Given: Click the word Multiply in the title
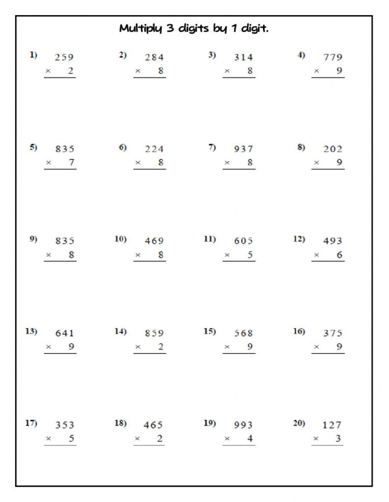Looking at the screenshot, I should (137, 29).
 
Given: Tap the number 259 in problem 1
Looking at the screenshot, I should (64, 57).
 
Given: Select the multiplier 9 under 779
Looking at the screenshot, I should (339, 71).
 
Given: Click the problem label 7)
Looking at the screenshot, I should (212, 148).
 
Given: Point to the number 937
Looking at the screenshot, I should (243, 149).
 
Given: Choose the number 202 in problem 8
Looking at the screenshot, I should (333, 149).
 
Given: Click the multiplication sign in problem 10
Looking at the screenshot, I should (138, 255).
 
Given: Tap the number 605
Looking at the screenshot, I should (243, 241).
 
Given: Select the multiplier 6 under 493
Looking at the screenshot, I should (339, 255).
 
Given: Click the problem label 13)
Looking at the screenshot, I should (31, 331).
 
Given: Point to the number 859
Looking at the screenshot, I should (154, 333).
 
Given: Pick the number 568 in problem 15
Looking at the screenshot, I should (243, 333).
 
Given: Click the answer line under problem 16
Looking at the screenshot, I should (328, 353).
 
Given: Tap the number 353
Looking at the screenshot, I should (64, 425).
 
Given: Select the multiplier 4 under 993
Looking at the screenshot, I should (250, 439).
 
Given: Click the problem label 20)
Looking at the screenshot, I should (299, 424).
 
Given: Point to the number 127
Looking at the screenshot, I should (332, 425).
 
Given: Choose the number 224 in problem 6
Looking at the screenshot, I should (154, 149).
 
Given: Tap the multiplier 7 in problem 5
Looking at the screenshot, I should (72, 163).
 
